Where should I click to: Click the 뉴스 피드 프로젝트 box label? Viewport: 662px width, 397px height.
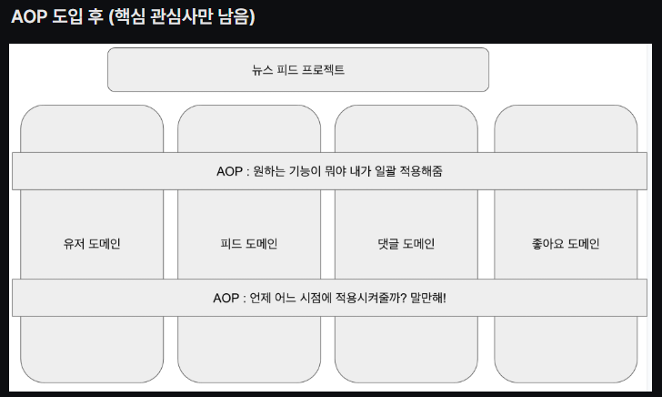click(x=298, y=70)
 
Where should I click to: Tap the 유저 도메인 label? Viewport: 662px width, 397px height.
click(x=92, y=244)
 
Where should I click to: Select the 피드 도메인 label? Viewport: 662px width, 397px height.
click(x=249, y=244)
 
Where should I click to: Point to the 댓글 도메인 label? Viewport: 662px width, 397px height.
click(x=406, y=244)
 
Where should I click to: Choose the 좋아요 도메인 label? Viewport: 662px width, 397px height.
click(x=565, y=244)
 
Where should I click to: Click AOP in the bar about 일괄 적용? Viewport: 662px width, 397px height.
click(x=230, y=171)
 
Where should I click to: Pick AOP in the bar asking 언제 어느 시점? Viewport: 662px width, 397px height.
click(x=226, y=298)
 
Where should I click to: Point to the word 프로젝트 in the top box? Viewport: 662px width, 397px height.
click(x=322, y=70)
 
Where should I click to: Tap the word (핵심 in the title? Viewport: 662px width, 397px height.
click(x=124, y=17)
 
